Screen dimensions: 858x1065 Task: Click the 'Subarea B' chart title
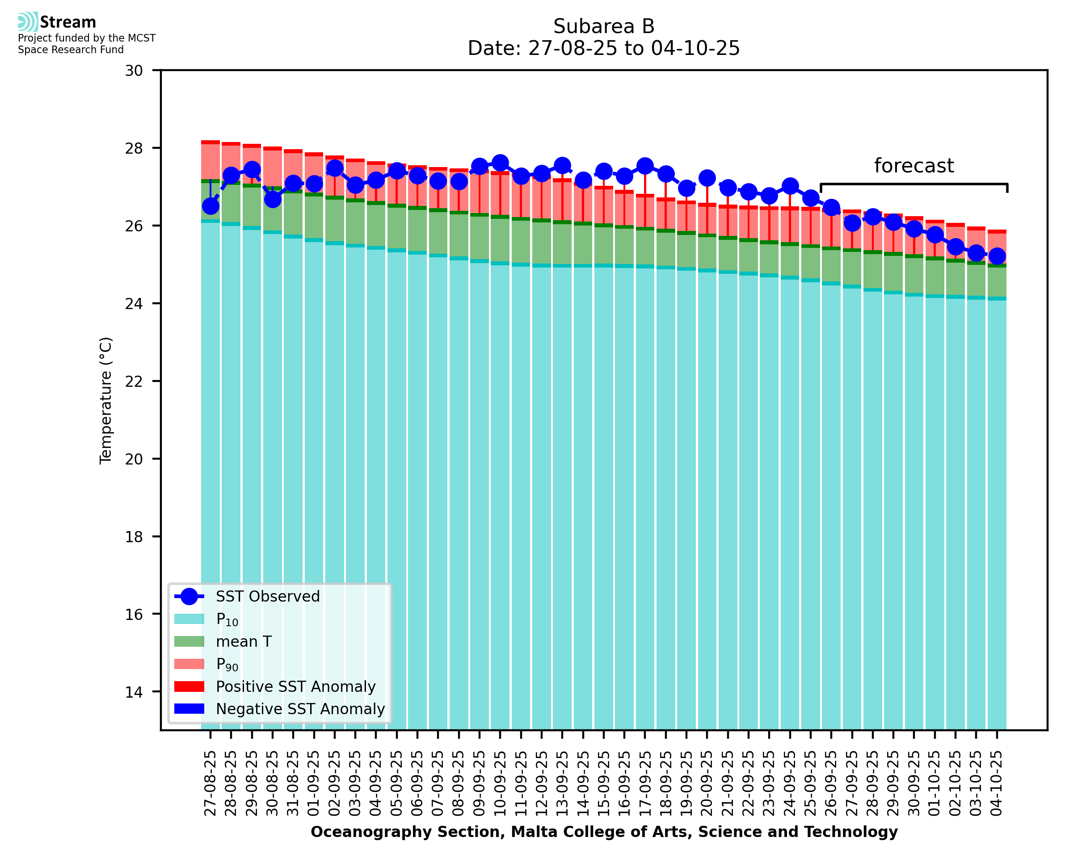pos(603,26)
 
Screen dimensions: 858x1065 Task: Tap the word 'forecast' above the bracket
pos(913,166)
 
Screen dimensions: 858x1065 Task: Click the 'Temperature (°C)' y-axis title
pos(106,400)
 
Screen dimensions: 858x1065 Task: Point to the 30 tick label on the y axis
pos(134,71)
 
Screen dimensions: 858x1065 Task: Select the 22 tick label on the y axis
pos(134,381)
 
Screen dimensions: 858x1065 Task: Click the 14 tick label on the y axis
pos(134,692)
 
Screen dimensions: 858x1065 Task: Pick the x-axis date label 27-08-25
pos(210,783)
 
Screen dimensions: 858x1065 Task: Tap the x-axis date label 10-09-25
pos(500,783)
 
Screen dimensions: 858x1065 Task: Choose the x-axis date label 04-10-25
pos(996,783)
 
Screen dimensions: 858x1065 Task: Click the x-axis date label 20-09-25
pos(707,783)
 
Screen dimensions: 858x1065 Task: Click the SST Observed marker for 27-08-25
pos(210,206)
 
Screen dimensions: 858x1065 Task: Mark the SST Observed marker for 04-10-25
pos(997,256)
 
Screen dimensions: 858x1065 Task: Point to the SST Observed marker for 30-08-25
pos(273,199)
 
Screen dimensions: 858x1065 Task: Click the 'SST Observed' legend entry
pos(268,597)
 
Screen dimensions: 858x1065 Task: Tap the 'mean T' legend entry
pos(244,641)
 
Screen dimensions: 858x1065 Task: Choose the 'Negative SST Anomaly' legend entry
pos(300,709)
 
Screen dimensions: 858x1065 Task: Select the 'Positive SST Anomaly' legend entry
pos(296,686)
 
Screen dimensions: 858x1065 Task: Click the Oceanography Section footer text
pos(604,832)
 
